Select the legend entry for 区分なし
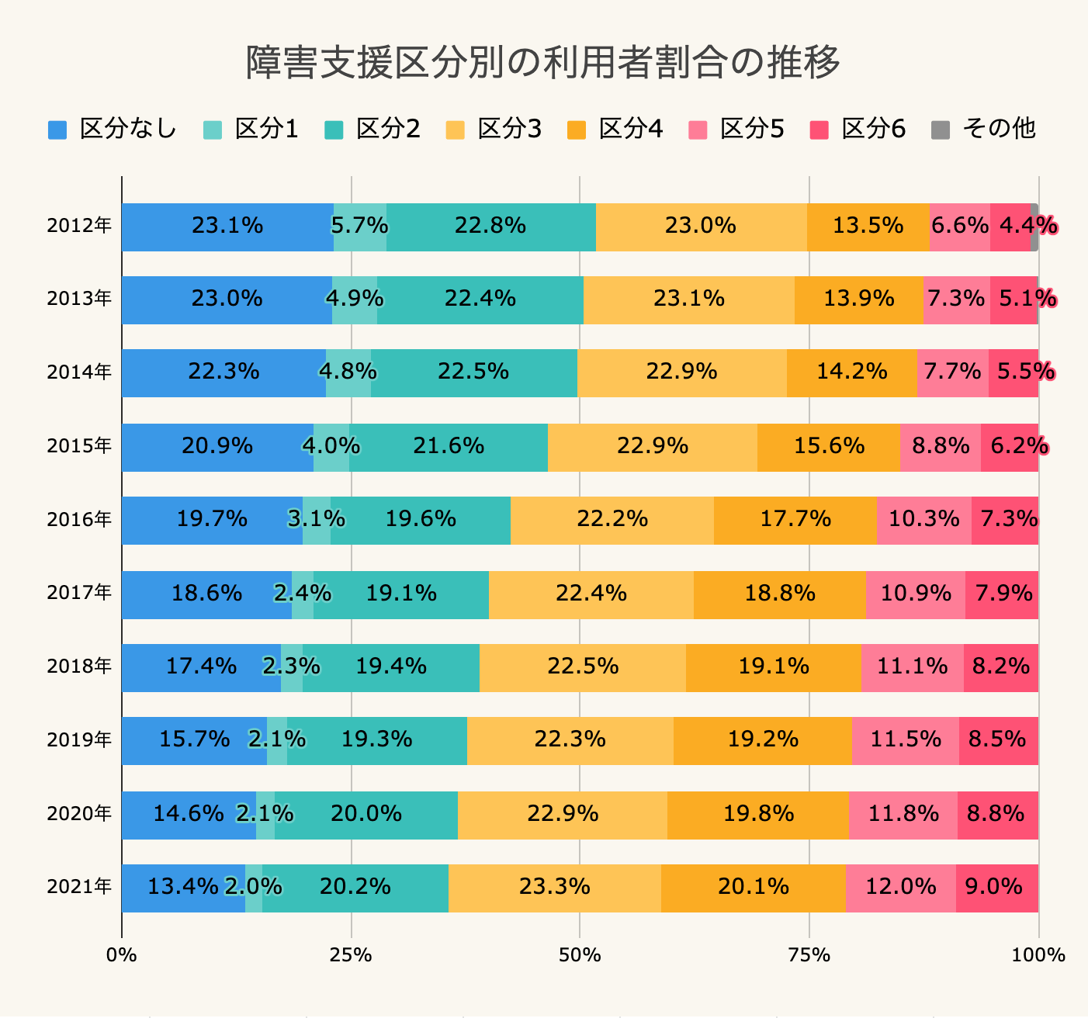coord(113,129)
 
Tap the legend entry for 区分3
coord(494,129)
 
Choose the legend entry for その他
coord(983,129)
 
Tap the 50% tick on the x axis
coord(580,955)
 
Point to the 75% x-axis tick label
coord(809,955)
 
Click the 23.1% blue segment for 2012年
coord(227,227)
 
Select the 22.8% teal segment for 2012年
coord(490,227)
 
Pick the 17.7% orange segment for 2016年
coord(795,520)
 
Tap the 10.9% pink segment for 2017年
coord(915,594)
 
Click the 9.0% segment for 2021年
coord(996,888)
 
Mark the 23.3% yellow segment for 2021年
coord(554,888)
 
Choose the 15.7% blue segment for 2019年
coord(194,740)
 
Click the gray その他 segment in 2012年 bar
coord(1034,227)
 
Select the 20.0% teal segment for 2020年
coord(366,815)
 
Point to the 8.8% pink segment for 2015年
coord(940,447)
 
